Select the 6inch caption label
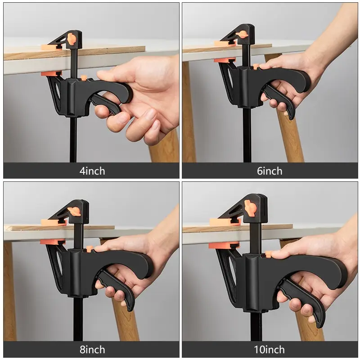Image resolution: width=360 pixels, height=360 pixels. pos(270,171)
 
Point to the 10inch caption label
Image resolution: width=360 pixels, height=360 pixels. pos(270,350)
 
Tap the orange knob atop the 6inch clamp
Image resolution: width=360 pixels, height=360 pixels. pos(243,34)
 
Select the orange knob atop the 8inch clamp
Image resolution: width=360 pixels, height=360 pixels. pos(74,211)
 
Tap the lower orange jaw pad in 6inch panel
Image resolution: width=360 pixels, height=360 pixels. pos(224,60)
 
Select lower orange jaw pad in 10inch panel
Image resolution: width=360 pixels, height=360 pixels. pos(224,245)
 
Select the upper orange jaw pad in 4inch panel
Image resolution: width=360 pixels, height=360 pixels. pos(51,47)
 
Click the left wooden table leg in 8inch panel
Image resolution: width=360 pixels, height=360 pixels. pos(10,292)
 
